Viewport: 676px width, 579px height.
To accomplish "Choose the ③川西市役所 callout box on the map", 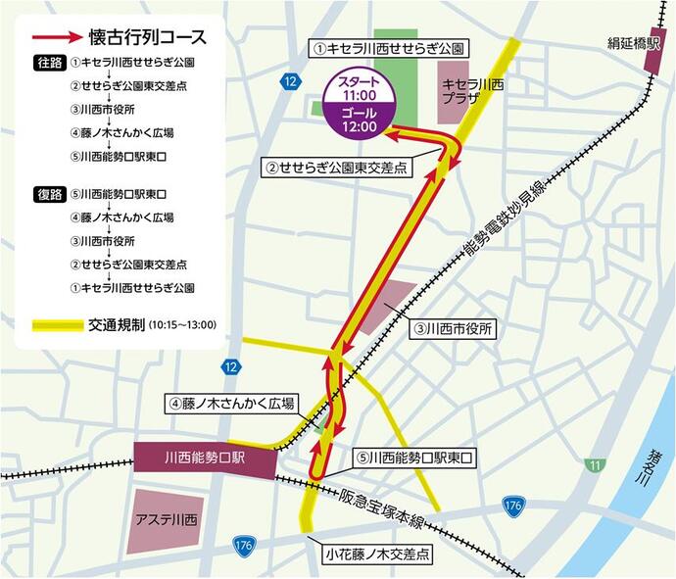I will (x=455, y=329).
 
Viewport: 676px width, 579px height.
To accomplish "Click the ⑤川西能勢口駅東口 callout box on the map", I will (x=414, y=457).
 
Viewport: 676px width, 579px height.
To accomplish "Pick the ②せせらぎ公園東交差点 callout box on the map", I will (x=336, y=169).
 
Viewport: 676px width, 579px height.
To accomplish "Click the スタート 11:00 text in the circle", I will (x=360, y=88).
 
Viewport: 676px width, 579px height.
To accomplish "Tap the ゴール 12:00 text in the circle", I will (x=360, y=120).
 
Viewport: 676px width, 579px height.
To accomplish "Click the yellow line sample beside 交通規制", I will (x=56, y=324).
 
